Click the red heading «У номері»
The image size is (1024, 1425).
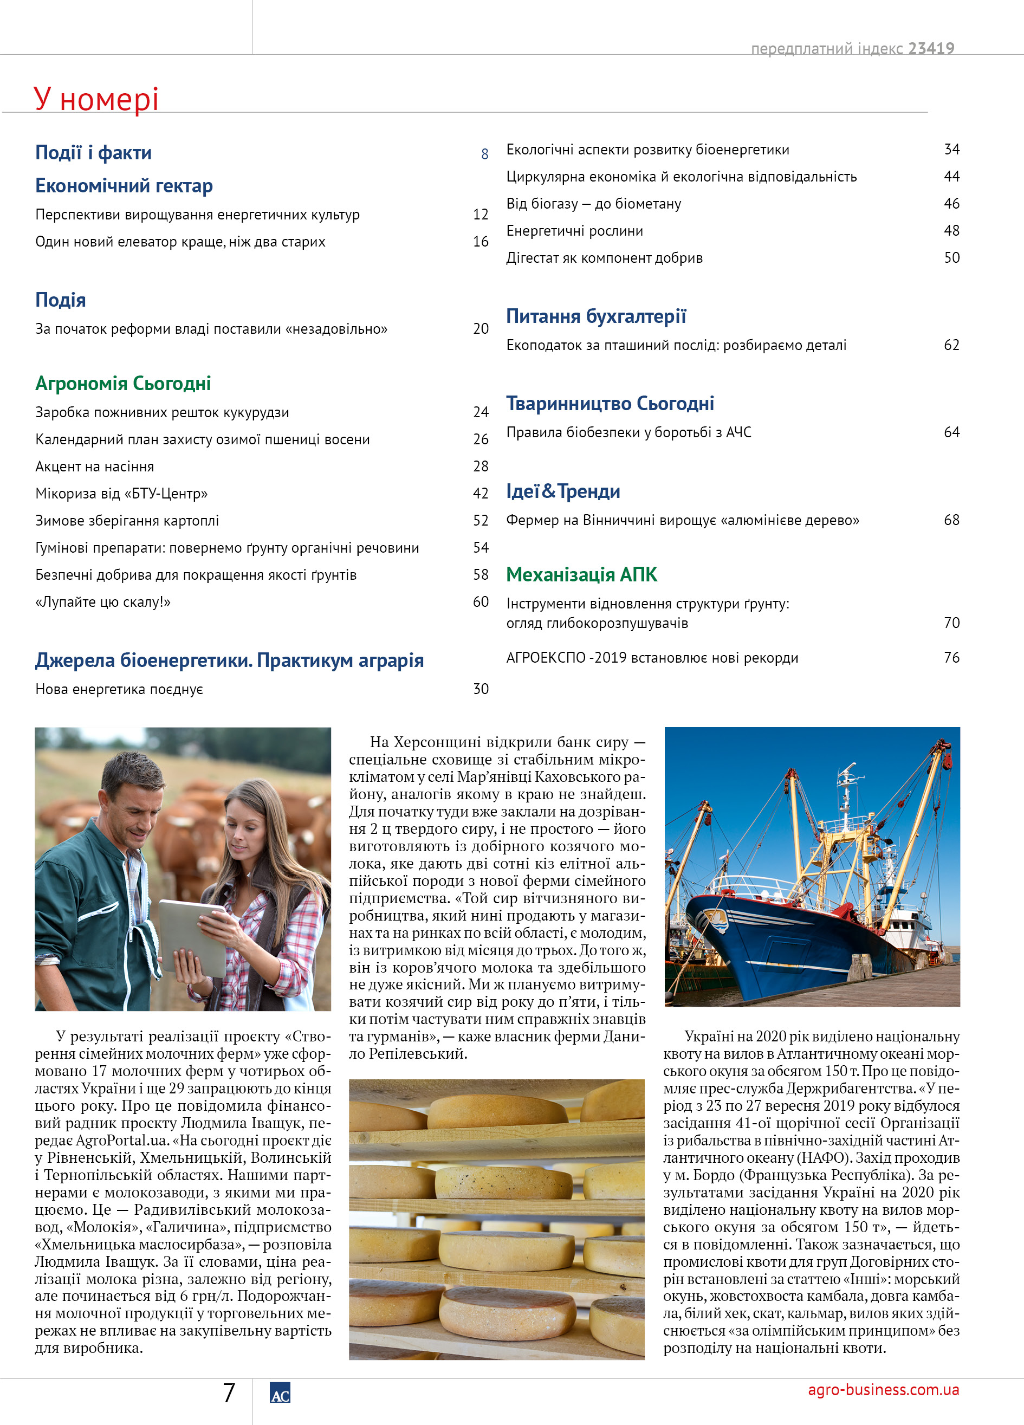pos(95,99)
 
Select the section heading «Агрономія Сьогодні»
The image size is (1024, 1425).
pos(123,383)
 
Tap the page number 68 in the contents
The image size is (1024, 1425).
pos(951,520)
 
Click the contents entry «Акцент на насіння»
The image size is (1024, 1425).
pos(94,466)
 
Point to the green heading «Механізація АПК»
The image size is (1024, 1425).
pos(581,574)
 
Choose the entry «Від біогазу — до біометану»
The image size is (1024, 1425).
pos(593,204)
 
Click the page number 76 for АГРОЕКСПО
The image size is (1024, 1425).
pos(951,657)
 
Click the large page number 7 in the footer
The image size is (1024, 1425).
pos(229,1393)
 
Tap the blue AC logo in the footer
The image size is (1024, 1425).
pos(280,1393)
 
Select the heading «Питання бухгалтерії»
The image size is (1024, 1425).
pos(595,316)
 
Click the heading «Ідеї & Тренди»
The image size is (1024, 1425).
pos(563,491)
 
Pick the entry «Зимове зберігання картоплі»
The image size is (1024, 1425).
pos(127,520)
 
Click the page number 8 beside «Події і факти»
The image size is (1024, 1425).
pos(484,154)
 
